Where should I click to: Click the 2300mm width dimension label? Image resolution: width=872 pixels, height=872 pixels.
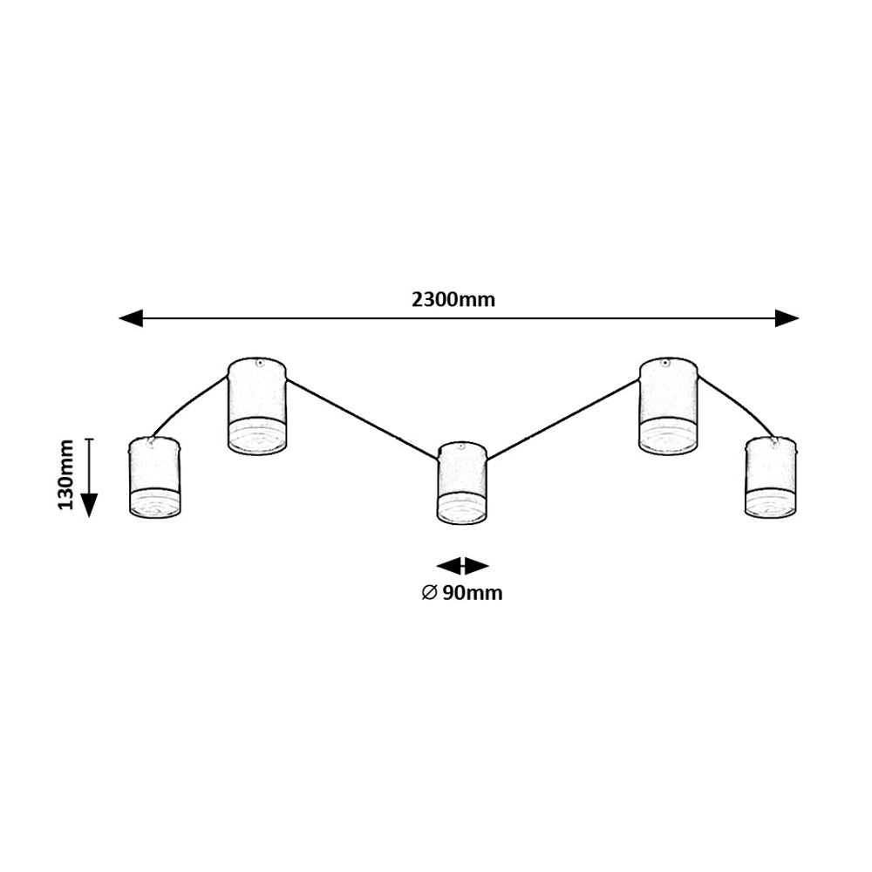click(x=453, y=300)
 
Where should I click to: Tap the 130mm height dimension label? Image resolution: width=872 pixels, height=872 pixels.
click(x=66, y=474)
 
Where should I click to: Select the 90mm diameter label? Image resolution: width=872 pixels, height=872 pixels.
click(x=462, y=593)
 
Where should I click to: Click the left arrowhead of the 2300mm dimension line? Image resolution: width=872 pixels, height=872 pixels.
click(x=132, y=318)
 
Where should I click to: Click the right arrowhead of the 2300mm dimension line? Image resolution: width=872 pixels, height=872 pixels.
click(x=787, y=318)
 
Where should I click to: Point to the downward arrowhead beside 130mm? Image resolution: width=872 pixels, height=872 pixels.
click(x=89, y=506)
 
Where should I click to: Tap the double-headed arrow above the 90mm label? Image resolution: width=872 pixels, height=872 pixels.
click(x=462, y=566)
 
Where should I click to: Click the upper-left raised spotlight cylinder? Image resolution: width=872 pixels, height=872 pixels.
click(x=257, y=405)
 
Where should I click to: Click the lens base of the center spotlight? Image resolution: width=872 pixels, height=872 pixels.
click(x=462, y=509)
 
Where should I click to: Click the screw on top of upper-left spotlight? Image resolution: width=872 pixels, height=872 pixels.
click(x=258, y=363)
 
